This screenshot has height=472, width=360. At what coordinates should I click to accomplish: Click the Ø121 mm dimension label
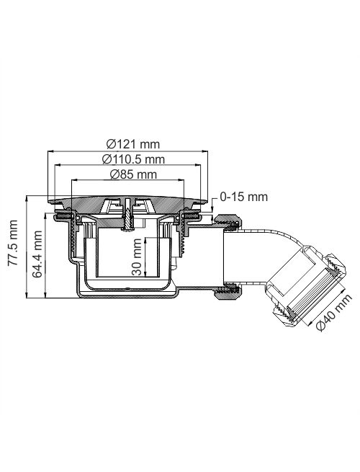[x=133, y=144]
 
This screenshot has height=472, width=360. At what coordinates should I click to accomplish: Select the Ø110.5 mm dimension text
[x=133, y=159]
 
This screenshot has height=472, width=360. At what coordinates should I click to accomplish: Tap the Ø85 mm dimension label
[x=133, y=174]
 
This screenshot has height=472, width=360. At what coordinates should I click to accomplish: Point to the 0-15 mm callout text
[x=243, y=197]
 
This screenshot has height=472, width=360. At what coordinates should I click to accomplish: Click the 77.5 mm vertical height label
[x=13, y=243]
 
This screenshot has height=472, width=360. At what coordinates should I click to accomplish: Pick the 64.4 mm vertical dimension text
[x=37, y=254]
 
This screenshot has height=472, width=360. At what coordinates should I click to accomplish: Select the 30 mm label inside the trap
[x=137, y=257]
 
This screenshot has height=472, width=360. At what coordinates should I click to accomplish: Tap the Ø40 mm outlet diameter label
[x=334, y=312]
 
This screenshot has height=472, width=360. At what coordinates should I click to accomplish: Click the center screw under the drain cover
[x=128, y=215]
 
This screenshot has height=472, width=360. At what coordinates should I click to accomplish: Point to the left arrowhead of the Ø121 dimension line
[x=50, y=152]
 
